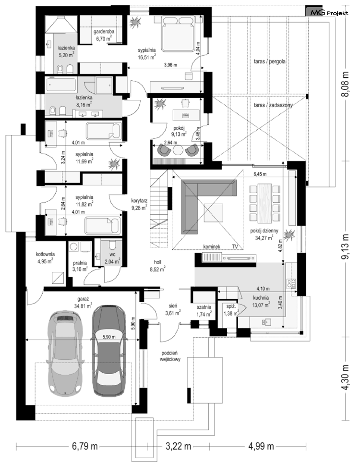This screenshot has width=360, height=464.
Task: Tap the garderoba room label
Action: tap(104, 31)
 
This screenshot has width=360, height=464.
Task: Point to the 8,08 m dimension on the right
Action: tap(346, 84)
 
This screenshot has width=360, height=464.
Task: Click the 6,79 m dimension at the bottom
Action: tap(85, 446)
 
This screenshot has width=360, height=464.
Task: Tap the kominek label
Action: tap(212, 246)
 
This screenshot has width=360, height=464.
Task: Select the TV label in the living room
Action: tap(235, 246)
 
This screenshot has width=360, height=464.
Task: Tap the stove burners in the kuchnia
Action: tap(291, 283)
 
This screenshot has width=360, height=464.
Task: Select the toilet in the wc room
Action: tap(112, 245)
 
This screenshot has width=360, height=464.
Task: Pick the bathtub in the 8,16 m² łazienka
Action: tap(61, 85)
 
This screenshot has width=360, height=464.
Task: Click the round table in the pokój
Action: tap(178, 150)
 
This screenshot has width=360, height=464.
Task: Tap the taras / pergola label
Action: tap(270, 62)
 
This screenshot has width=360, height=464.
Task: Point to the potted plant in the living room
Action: tap(289, 235)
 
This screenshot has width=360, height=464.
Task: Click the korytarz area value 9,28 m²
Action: tap(139, 207)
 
